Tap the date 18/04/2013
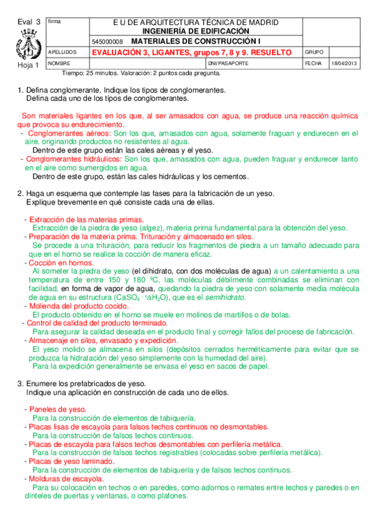[x=343, y=63]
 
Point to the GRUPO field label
[x=314, y=52]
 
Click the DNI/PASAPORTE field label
[x=229, y=63]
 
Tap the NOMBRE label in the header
[x=60, y=63]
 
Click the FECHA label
[x=313, y=63]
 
